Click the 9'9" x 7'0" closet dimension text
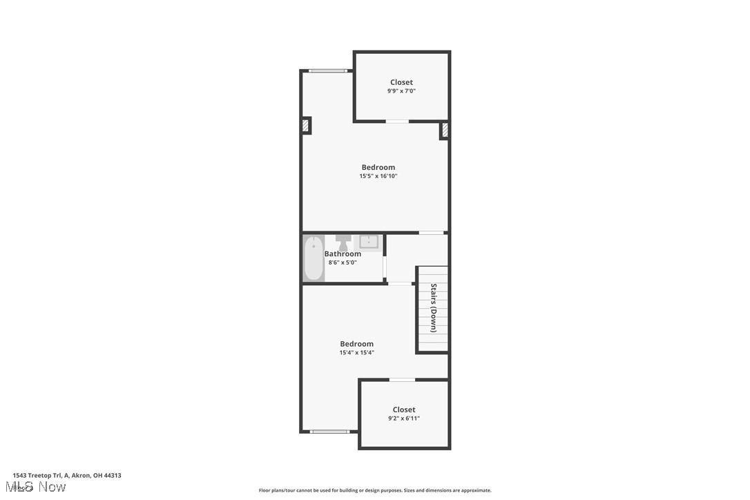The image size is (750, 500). pos(401,91)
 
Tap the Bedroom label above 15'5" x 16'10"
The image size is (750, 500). pos(378,167)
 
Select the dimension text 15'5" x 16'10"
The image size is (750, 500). pos(378,176)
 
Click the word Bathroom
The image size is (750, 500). pos(343,253)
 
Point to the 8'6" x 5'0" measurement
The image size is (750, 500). pos(343,262)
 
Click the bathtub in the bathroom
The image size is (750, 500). pos(314,258)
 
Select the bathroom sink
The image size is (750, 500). pos(370,242)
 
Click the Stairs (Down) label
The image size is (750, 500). pos(434,308)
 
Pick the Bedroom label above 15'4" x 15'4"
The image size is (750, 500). pos(356,344)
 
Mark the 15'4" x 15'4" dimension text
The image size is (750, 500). pos(356,353)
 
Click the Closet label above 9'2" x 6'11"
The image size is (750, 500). pos(404,410)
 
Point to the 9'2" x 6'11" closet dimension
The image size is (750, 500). pos(404,419)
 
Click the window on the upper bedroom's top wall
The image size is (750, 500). pos(328,70)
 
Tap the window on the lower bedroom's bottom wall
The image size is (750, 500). pos(329,432)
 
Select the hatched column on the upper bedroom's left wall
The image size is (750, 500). pos(305,126)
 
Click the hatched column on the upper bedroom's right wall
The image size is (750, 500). pos(445,130)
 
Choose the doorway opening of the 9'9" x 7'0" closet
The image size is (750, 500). pos(397,122)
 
